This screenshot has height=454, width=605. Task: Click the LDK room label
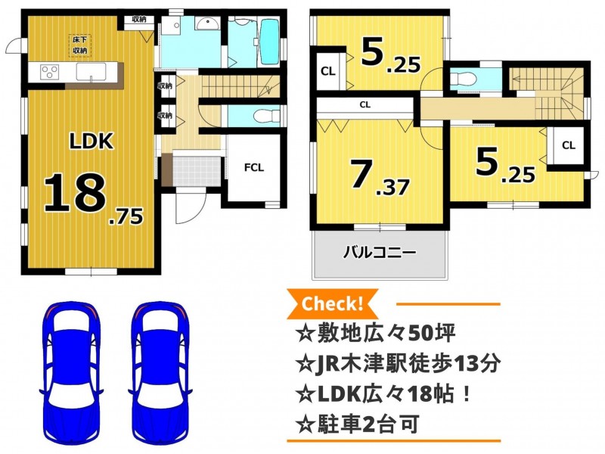click(92, 141)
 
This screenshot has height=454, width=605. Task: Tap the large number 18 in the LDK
click(74, 193)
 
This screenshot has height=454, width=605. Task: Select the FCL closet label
click(254, 167)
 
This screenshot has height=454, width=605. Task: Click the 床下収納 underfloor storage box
click(80, 45)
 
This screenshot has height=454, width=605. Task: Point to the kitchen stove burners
click(50, 72)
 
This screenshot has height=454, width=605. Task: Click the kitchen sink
click(91, 72)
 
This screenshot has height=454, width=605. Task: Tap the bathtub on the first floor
click(270, 42)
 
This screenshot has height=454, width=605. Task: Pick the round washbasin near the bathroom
click(207, 24)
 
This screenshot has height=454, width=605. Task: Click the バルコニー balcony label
click(380, 253)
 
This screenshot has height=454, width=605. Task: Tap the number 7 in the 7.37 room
click(361, 175)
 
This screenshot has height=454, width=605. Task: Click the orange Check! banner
click(332, 304)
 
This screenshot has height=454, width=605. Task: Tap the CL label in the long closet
click(365, 104)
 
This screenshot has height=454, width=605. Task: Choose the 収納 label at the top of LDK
click(138, 20)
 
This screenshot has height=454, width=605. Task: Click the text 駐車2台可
click(368, 424)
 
